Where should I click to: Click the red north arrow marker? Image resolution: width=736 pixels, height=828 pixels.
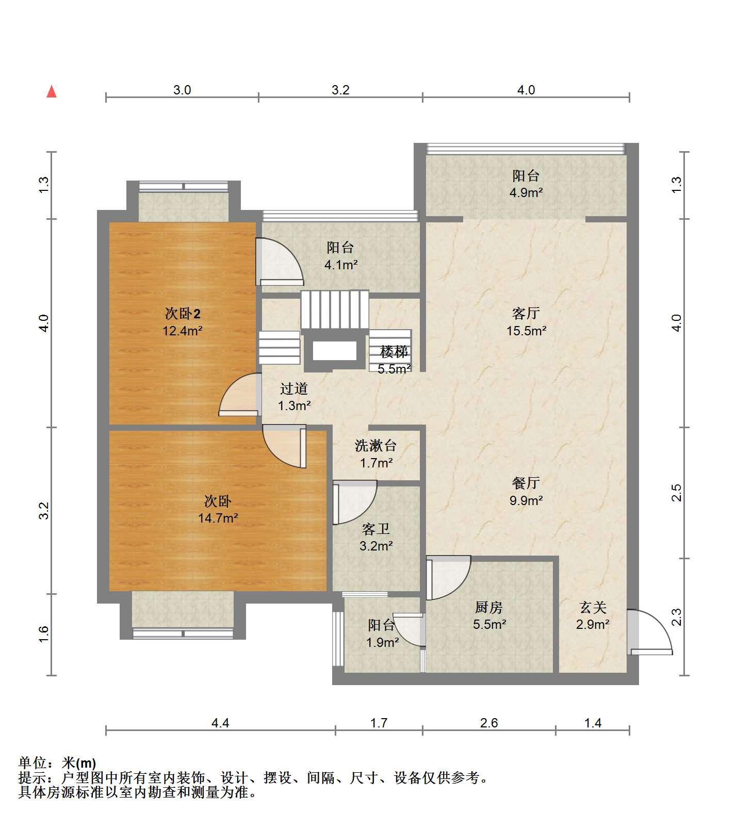click(52, 92)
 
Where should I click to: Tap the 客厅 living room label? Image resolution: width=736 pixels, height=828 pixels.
click(526, 313)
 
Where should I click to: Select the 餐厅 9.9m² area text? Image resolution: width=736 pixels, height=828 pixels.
click(526, 500)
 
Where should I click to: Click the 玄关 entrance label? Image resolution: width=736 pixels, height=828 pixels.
click(593, 607)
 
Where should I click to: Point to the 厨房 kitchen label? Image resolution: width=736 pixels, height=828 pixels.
click(489, 607)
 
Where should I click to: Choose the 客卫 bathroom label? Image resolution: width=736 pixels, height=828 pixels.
click(376, 529)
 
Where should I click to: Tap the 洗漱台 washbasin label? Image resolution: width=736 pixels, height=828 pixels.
click(376, 445)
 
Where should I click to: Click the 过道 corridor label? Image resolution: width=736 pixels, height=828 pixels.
click(294, 388)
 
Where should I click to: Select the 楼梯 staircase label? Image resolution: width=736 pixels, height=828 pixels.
click(395, 352)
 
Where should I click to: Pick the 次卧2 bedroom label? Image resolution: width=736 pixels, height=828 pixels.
click(183, 313)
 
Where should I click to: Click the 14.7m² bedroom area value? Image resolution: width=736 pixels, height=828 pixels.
click(218, 518)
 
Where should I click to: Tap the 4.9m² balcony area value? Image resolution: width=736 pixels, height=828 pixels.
click(526, 193)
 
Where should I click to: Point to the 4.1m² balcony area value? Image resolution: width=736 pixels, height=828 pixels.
click(341, 265)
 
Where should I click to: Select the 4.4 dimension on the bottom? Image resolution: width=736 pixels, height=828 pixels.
click(220, 723)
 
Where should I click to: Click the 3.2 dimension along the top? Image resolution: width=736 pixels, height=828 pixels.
click(340, 90)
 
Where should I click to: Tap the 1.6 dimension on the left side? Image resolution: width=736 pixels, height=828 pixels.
click(44, 634)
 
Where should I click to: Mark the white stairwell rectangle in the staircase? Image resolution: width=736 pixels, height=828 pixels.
click(335, 351)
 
